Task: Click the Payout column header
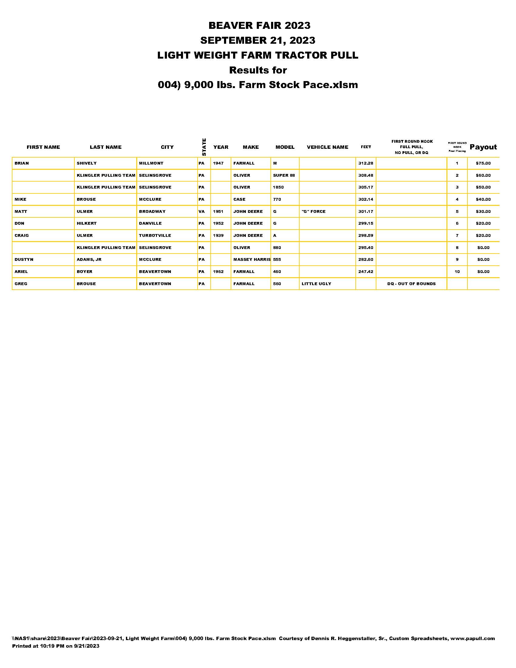click(x=483, y=147)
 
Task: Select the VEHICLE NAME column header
click(x=328, y=147)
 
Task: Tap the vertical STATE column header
click(x=204, y=147)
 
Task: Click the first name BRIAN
click(x=22, y=163)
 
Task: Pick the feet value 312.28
click(x=366, y=163)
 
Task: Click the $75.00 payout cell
click(x=483, y=163)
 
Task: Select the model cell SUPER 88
click(x=284, y=175)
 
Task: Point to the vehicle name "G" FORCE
click(x=313, y=211)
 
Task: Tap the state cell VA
click(x=201, y=211)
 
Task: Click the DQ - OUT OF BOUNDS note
click(x=411, y=284)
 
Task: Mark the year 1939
click(x=218, y=236)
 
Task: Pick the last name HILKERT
click(x=87, y=223)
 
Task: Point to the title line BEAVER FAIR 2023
click(x=259, y=26)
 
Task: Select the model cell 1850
click(x=278, y=187)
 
